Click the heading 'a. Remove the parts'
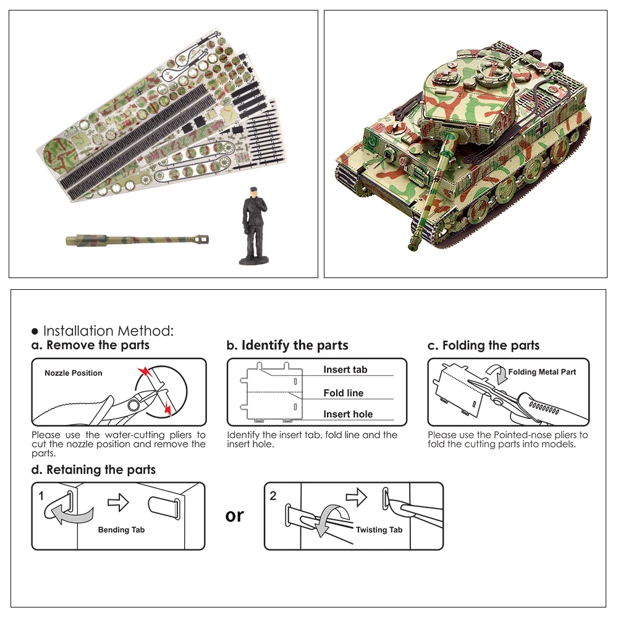[x=91, y=345]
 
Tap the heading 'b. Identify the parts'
[x=287, y=345]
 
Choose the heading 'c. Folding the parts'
[x=483, y=345]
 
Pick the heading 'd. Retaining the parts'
[x=93, y=470]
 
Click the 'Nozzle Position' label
[x=74, y=373]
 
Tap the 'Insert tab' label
[x=345, y=370]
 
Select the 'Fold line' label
[x=343, y=393]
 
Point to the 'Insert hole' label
[x=348, y=415]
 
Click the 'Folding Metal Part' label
[x=542, y=372]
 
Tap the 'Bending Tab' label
[x=122, y=530]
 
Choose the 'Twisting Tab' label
[x=379, y=530]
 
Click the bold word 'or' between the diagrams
[x=235, y=515]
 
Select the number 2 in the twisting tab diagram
[x=273, y=496]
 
